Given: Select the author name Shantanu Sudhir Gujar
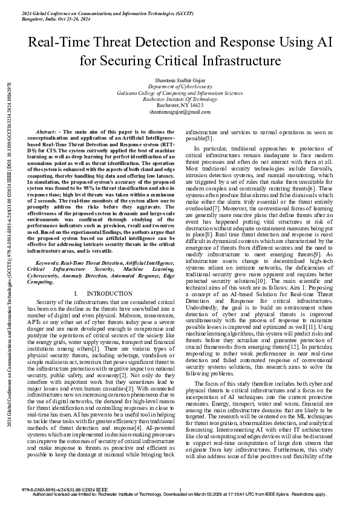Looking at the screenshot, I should tap(180, 80).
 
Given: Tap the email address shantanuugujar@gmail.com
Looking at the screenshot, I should tap(180, 112).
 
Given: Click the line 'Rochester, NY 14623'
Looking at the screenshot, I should tap(180, 105).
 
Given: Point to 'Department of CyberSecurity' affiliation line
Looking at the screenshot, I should tap(180, 87).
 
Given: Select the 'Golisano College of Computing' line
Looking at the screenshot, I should tap(180, 93).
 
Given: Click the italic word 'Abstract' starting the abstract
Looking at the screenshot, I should tap(46, 131).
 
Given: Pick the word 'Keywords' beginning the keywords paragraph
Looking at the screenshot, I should tap(49, 264).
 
